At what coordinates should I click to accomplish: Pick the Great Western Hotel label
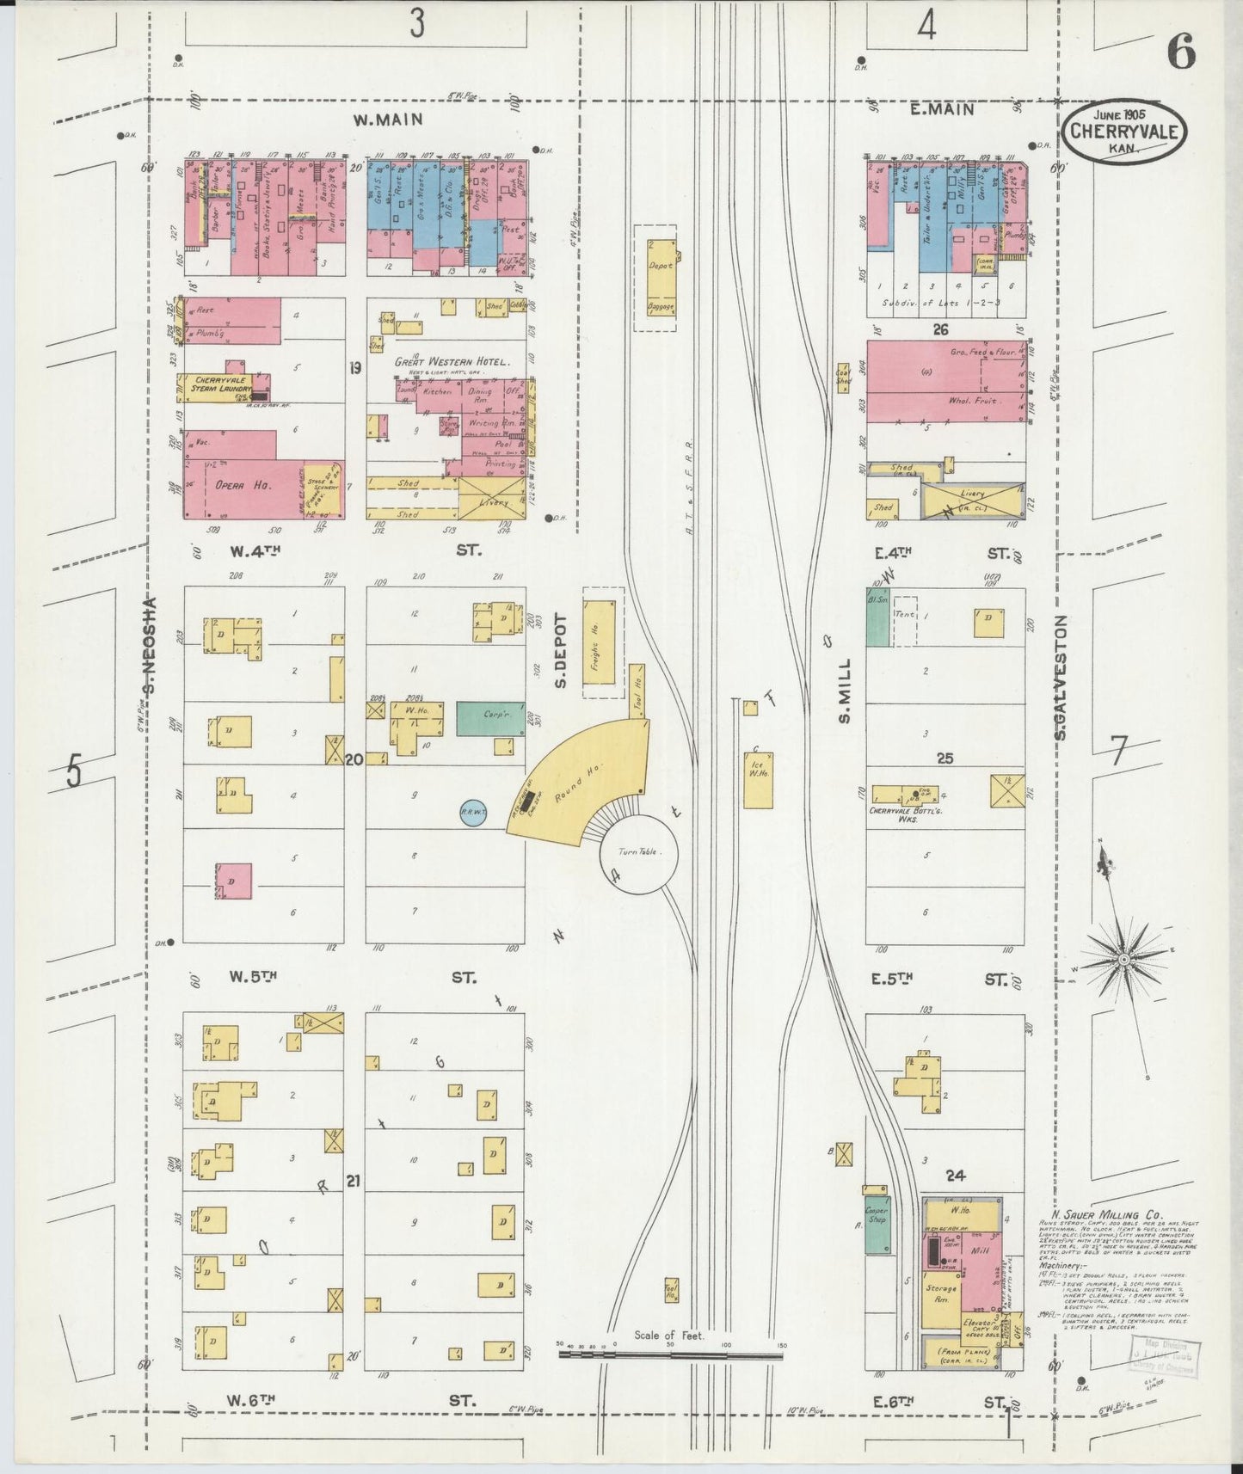click(x=452, y=362)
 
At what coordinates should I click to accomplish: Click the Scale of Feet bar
click(x=670, y=1354)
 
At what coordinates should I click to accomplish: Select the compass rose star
click(x=1124, y=957)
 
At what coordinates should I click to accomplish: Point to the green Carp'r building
click(x=489, y=718)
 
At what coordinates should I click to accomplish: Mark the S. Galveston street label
click(x=1061, y=677)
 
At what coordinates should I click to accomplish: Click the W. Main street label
click(x=389, y=120)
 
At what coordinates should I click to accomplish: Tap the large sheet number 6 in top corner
click(x=1181, y=53)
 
